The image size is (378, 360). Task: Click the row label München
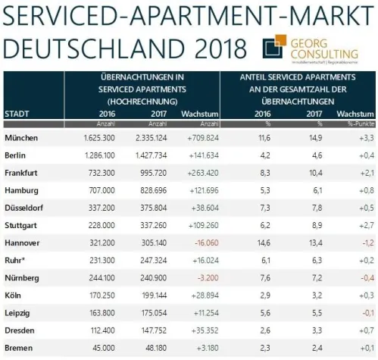point(23,139)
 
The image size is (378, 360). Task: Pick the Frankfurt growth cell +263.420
point(198,173)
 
